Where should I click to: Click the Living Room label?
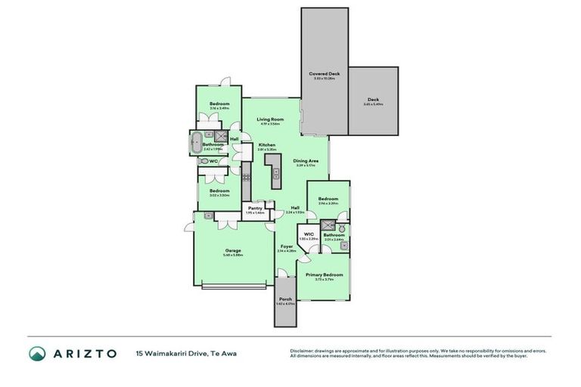269,119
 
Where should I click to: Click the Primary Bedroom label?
324,274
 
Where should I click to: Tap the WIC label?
309,234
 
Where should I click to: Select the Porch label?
285,299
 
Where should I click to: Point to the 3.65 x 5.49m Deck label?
372,100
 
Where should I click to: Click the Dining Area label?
306,161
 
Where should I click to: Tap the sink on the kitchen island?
276,173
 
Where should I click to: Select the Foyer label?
287,246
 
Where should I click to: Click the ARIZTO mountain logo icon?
37,353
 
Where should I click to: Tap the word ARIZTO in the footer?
84,353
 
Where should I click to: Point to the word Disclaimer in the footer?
303,351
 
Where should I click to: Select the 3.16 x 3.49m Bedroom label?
219,104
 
